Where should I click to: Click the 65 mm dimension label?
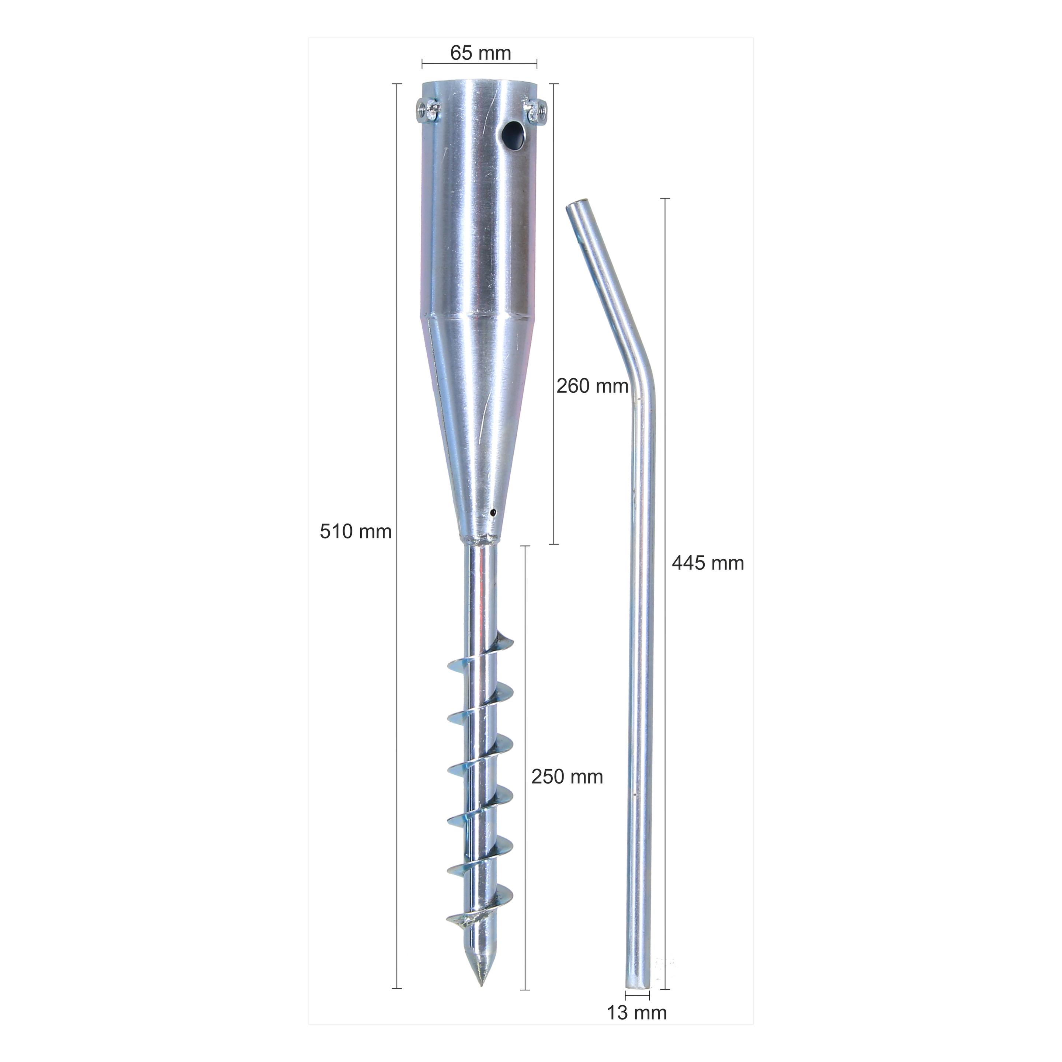[480, 53]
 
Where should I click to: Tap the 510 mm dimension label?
[355, 531]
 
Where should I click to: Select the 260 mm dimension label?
[592, 386]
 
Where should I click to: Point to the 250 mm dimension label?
[567, 777]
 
